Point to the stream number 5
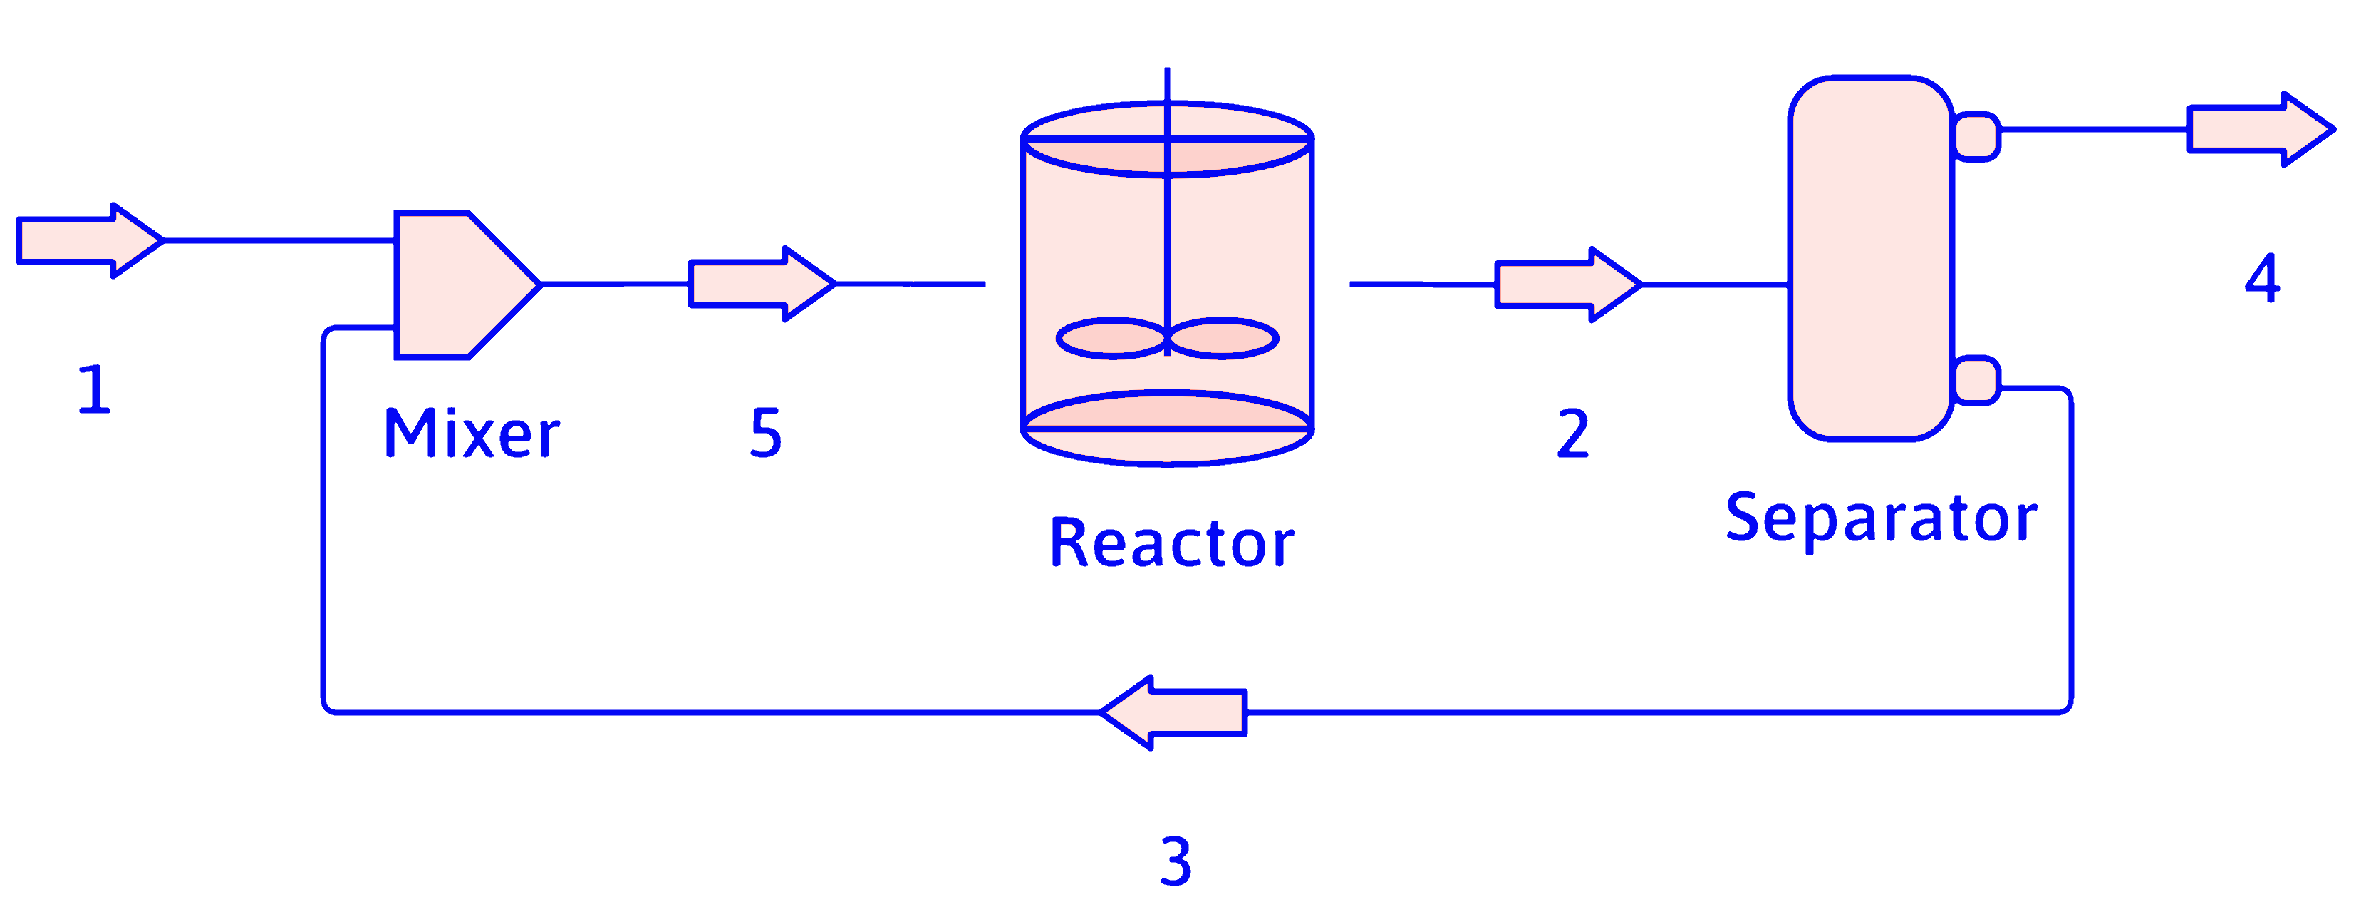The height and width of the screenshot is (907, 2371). [x=766, y=433]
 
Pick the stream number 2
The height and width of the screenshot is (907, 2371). [x=1573, y=434]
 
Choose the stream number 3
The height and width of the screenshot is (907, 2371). [x=1176, y=862]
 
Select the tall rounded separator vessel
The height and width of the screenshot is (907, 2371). [x=1870, y=258]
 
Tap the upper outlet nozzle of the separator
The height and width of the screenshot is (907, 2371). [x=1975, y=136]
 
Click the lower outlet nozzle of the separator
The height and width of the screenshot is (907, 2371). [x=1975, y=380]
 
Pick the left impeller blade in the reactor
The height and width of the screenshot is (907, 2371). [x=1111, y=339]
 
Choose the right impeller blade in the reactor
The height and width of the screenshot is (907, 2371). [x=1223, y=339]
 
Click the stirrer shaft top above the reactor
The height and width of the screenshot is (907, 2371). [x=1167, y=83]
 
